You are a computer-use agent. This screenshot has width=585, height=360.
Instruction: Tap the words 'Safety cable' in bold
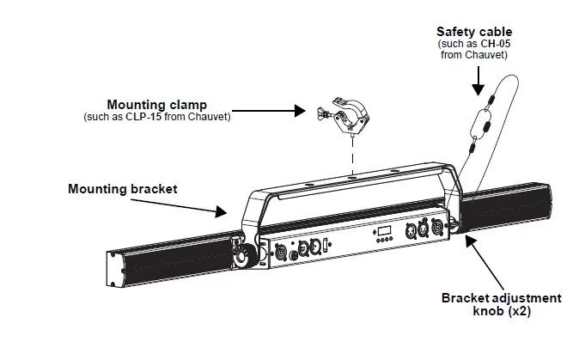click(473, 32)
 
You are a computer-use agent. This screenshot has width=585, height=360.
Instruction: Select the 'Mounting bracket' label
click(123, 187)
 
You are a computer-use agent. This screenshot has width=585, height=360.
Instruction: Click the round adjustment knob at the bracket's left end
click(244, 255)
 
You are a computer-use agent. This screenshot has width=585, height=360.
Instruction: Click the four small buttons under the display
click(384, 242)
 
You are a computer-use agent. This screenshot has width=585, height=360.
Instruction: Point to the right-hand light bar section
click(507, 206)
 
